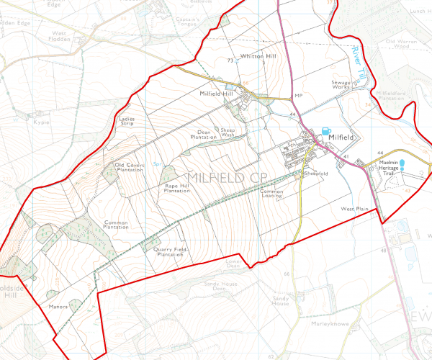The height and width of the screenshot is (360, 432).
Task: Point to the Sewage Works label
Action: [x=341, y=86]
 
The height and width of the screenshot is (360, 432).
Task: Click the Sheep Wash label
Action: [x=228, y=132]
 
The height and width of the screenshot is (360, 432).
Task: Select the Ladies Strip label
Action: [x=127, y=121]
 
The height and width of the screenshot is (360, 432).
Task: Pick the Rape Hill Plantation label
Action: [x=176, y=189]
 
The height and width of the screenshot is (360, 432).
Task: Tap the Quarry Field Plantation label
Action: [x=171, y=251]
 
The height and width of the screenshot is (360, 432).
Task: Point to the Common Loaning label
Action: [x=272, y=194]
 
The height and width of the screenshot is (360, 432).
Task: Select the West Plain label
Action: [x=355, y=208]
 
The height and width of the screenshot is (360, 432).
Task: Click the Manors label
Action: [x=58, y=306]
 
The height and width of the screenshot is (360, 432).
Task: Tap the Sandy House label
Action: [x=280, y=300]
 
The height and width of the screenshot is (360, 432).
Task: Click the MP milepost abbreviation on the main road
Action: [x=297, y=96]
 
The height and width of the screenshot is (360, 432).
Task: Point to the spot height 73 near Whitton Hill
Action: [x=230, y=60]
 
